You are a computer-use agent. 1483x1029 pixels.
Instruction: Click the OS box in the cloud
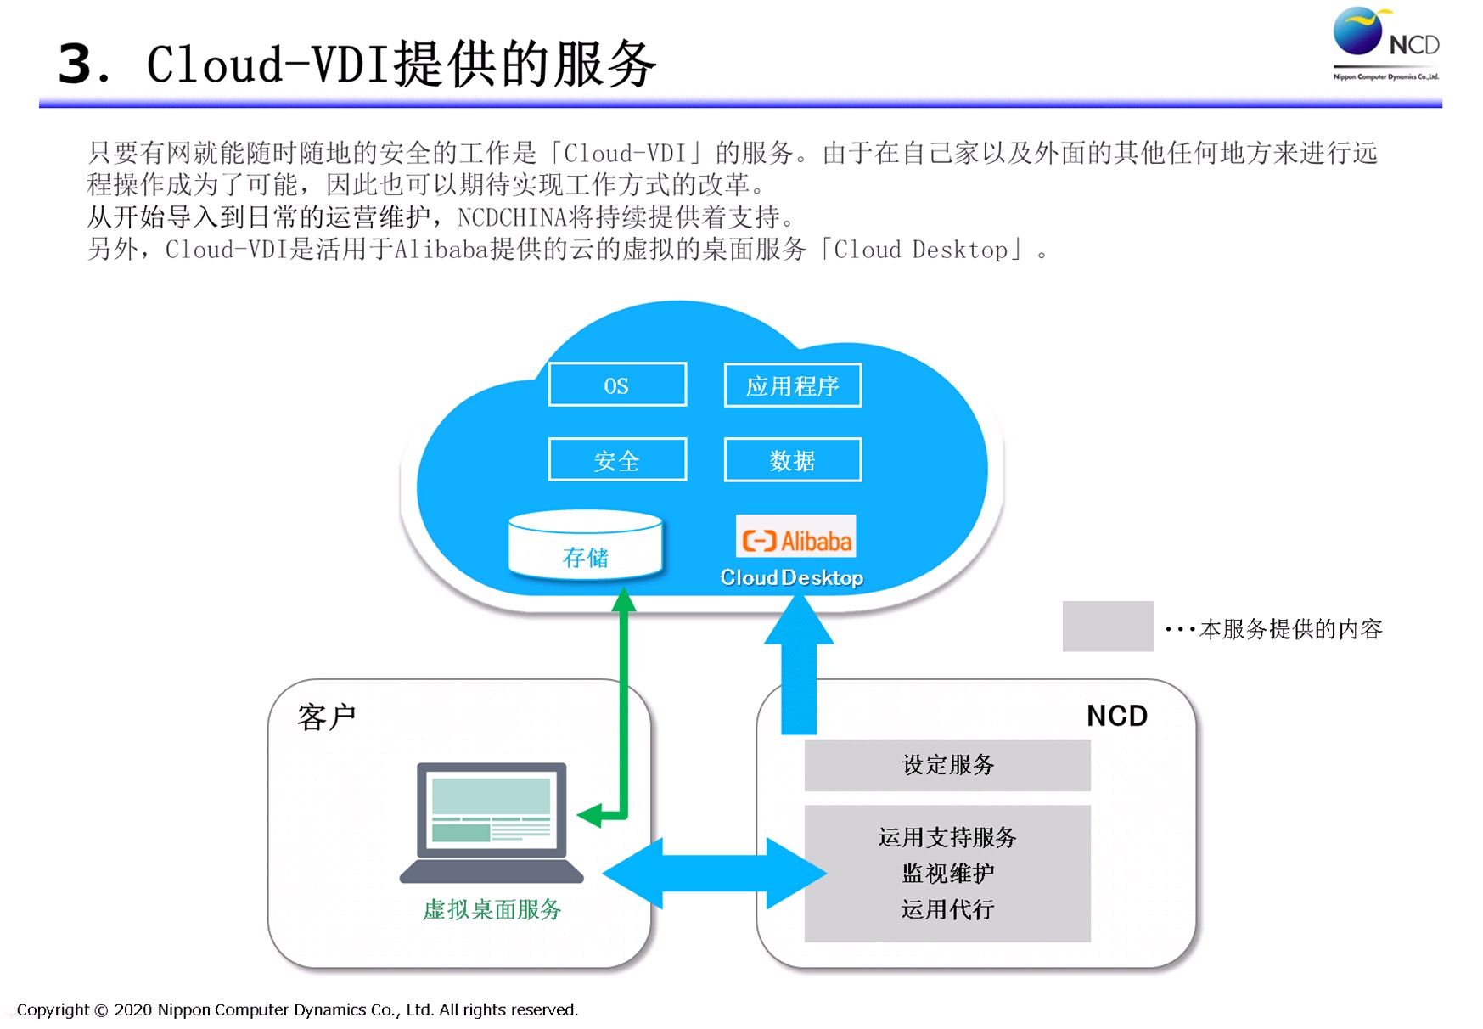(617, 385)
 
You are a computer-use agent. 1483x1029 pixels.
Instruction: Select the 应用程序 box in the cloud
(792, 385)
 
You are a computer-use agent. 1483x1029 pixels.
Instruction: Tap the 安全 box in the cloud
(617, 460)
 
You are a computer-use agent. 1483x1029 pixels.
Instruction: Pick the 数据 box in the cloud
(792, 460)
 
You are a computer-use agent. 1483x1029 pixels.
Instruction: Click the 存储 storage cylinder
(585, 546)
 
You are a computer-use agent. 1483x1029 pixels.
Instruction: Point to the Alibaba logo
(795, 538)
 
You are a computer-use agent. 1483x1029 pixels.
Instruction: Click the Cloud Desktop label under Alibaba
(791, 578)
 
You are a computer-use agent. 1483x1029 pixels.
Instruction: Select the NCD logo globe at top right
(1357, 32)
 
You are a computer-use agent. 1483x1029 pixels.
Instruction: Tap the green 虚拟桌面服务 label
(492, 910)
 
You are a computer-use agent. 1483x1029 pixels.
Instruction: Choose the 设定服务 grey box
(947, 765)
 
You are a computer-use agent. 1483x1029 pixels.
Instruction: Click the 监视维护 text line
(947, 874)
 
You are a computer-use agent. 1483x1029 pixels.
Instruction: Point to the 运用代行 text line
(947, 910)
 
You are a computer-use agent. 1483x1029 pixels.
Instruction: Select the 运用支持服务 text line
(947, 838)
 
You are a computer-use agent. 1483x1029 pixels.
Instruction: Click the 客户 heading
(327, 717)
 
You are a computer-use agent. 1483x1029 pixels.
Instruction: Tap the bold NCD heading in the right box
(1116, 717)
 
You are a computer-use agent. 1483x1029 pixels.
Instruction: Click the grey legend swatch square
(1108, 627)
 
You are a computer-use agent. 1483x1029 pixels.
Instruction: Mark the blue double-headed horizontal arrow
(714, 874)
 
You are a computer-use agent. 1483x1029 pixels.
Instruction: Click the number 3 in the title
(76, 64)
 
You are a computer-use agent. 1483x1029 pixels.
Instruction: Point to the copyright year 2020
(132, 1010)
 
